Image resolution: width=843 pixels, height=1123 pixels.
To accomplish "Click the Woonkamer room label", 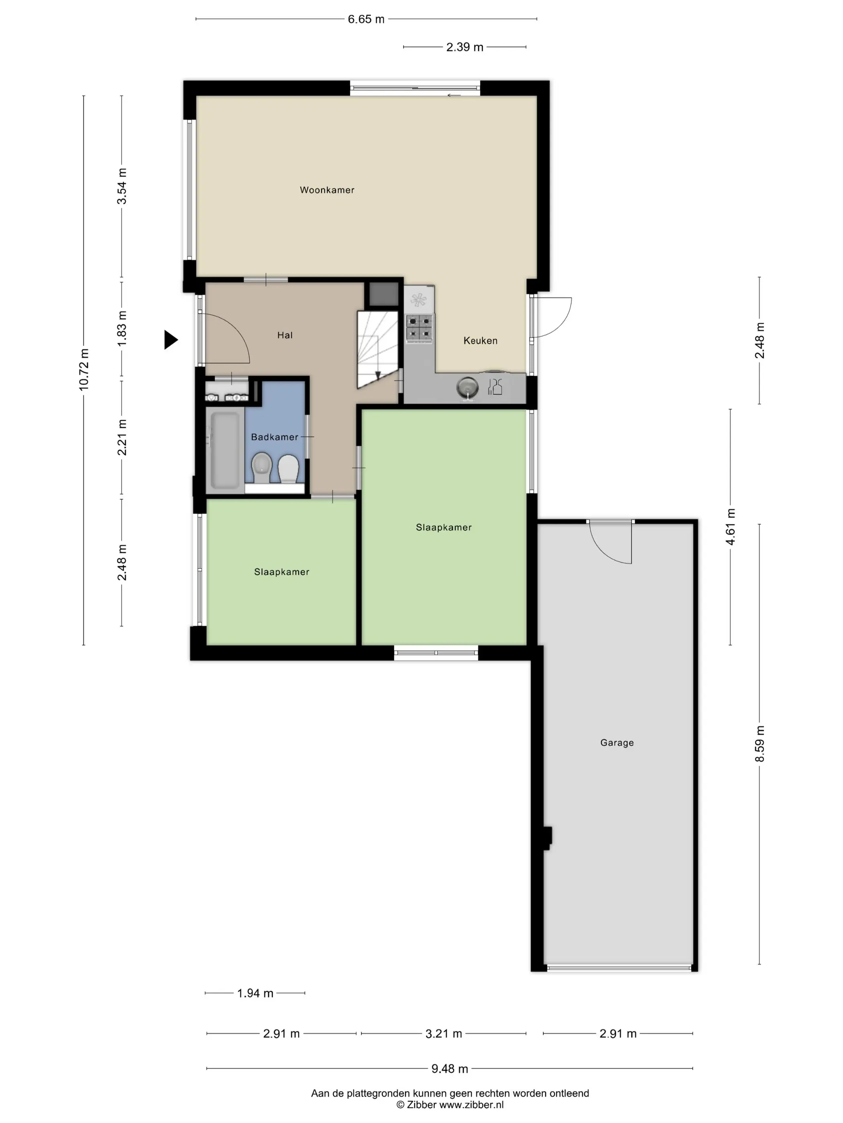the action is point(327,190).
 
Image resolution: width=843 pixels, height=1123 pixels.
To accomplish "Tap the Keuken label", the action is point(480,341).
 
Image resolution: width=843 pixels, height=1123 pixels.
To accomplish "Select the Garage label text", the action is point(617,743).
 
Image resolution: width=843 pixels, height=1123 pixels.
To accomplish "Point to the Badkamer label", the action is point(275,437).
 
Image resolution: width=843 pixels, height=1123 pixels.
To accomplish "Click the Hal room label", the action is point(285,335).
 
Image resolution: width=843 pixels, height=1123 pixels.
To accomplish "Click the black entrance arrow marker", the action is point(171,340).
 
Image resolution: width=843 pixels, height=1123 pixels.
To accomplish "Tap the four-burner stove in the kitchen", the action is point(419,327).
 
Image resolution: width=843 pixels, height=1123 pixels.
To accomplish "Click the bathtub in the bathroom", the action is point(224,451).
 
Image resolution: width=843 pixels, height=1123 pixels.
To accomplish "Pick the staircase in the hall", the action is point(378,349).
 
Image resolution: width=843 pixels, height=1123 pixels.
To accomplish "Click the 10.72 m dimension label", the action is point(84,370).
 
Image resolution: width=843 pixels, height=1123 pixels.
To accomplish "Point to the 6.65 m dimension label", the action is point(366,19).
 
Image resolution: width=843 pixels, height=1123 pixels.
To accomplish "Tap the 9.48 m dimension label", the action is point(450,1069).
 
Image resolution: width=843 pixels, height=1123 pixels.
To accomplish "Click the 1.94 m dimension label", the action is point(255,993).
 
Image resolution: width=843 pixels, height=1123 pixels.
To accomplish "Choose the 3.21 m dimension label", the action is point(444,1034).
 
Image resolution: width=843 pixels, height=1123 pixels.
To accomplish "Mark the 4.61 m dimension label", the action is point(730,527).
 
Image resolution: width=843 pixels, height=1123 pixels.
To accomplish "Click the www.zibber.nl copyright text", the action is point(450,1104).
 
